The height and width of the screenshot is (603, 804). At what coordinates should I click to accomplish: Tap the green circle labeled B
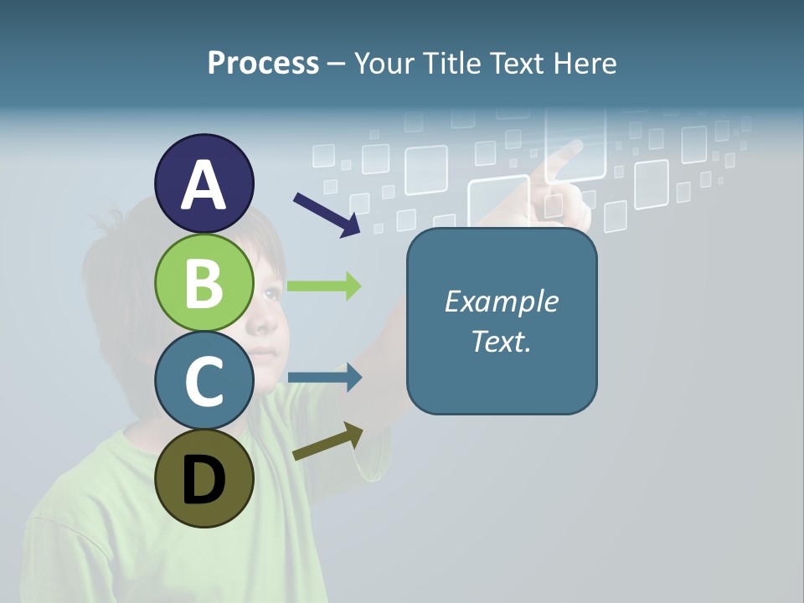tap(204, 283)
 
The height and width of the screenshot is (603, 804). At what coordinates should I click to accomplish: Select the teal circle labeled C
tap(204, 380)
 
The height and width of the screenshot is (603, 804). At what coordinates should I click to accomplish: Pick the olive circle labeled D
tap(204, 478)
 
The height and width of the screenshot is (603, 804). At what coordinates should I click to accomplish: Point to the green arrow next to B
tap(323, 286)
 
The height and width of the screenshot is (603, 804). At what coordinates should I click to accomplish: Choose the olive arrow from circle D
tap(327, 441)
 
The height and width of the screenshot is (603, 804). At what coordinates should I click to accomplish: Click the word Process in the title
tap(263, 63)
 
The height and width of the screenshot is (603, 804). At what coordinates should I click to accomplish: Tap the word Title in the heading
tap(452, 63)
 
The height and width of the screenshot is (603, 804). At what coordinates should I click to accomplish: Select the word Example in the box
tap(501, 301)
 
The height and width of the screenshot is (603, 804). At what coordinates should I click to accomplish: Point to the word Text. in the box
tap(501, 341)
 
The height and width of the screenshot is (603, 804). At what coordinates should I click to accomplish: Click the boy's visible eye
tap(271, 293)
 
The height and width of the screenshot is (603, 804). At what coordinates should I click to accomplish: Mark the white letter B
tap(204, 283)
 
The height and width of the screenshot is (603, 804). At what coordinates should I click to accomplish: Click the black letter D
tap(204, 480)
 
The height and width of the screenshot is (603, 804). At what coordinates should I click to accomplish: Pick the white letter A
tap(204, 185)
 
